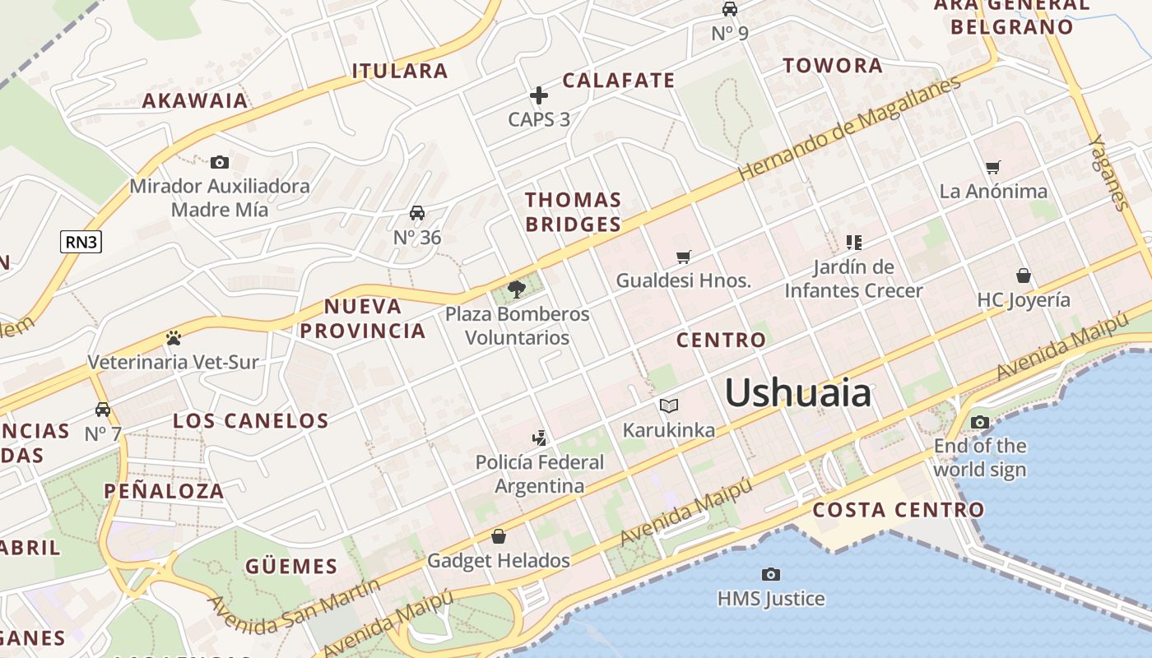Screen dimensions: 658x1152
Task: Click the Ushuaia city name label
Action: pos(797,392)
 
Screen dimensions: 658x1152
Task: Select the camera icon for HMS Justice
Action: pos(770,574)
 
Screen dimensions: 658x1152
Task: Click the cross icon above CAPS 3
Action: pos(539,96)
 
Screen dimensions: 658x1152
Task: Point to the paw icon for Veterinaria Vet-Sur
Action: pos(173,337)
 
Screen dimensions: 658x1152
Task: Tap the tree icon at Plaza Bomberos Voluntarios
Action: pos(517,289)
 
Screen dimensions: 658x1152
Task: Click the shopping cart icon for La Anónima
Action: pos(993,167)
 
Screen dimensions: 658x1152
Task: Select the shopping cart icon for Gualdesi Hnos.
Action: pos(683,257)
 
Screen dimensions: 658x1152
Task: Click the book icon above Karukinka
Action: pos(668,405)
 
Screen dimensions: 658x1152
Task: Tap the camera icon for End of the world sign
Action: pos(979,423)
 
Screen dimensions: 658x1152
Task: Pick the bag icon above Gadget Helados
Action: pos(498,536)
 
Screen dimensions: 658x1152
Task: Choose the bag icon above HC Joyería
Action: pos(1023,275)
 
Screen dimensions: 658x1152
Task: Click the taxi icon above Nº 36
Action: pos(417,213)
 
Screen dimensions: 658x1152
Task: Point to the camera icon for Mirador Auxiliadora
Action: pos(219,162)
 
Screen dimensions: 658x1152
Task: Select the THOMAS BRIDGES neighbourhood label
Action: pos(573,211)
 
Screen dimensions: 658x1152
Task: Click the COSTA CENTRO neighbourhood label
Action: pos(898,510)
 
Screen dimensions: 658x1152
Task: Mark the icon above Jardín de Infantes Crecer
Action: pos(853,242)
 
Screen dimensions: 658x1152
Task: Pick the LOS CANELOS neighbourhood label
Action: pos(250,421)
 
